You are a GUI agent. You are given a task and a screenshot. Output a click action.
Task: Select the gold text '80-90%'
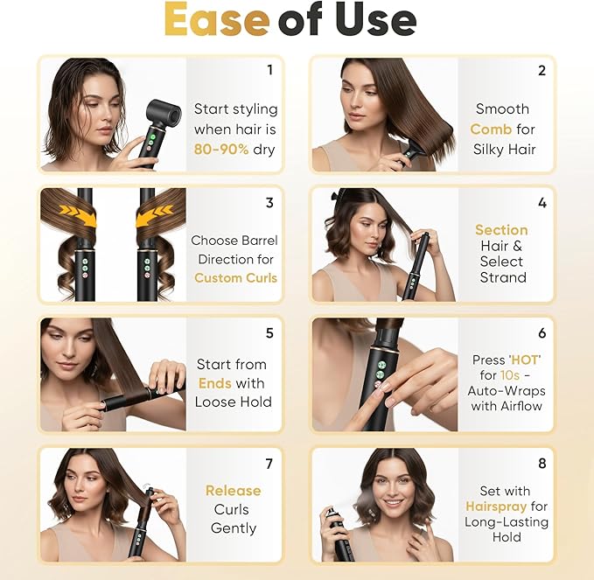click(x=221, y=149)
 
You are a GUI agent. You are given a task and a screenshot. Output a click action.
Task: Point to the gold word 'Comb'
click(x=491, y=129)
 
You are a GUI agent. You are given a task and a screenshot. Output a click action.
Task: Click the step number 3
click(x=269, y=202)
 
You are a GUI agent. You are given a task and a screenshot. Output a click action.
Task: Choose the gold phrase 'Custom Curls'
click(x=235, y=277)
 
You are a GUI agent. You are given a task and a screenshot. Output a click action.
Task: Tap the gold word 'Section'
click(x=501, y=230)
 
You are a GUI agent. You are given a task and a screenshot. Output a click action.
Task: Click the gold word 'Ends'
click(x=215, y=383)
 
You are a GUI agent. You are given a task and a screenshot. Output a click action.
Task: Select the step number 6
click(x=542, y=333)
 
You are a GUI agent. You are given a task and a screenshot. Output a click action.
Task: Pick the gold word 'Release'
click(x=233, y=491)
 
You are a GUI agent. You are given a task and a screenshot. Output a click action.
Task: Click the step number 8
click(x=542, y=464)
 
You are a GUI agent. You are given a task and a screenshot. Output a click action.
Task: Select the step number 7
click(x=269, y=464)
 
